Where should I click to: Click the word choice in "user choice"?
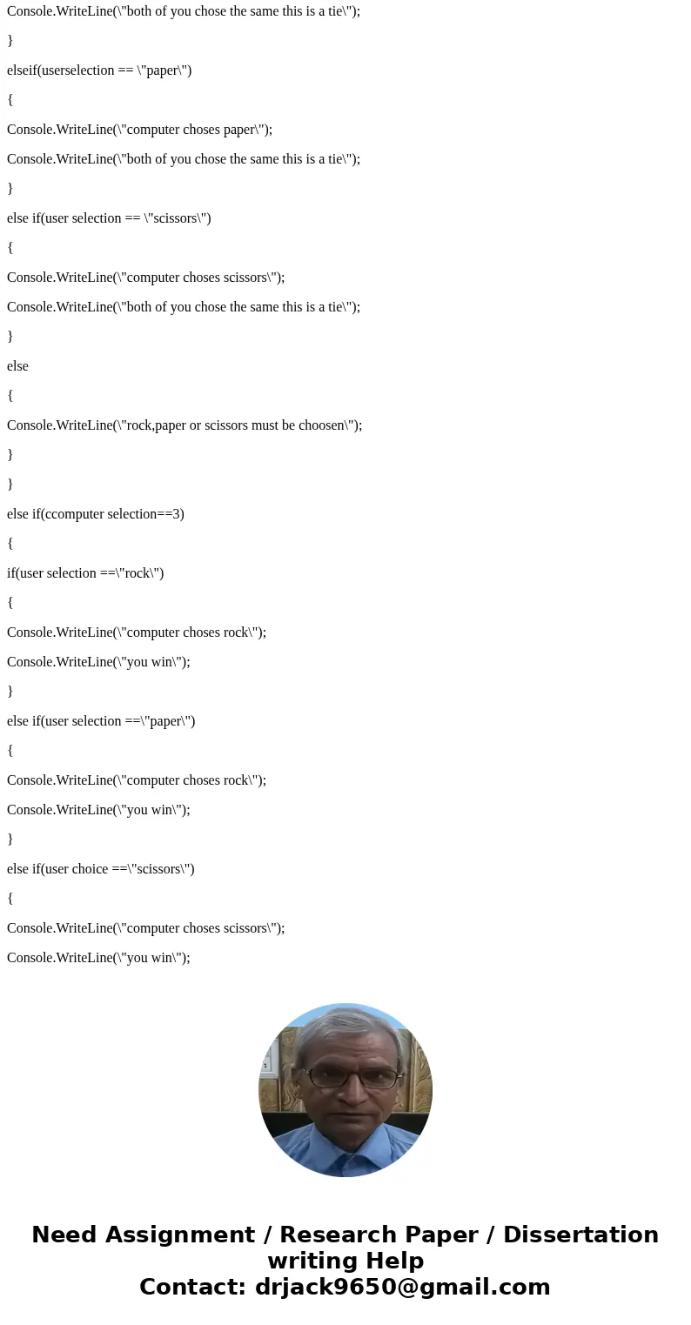point(88,869)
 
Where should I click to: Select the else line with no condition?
point(17,366)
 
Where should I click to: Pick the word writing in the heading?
point(309,1261)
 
